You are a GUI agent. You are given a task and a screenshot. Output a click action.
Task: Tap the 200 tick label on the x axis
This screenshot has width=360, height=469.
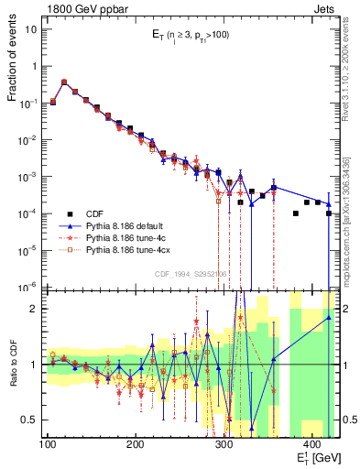click(136, 444)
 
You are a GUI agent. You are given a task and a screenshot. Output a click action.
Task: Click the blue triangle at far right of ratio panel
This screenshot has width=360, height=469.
click(328, 318)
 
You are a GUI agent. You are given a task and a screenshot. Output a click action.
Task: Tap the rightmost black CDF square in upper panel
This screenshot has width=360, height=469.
click(328, 213)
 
